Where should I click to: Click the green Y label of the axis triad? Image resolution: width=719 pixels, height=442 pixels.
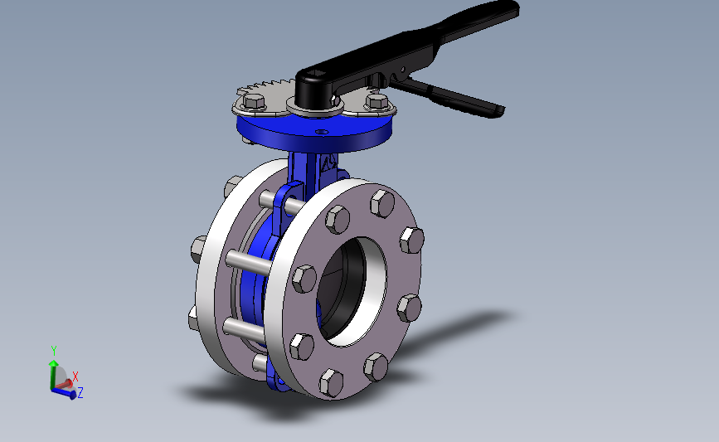[x=54, y=351]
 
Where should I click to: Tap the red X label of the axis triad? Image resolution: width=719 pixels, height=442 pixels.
[x=75, y=376]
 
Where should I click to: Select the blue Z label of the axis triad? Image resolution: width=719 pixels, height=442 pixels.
[x=80, y=393]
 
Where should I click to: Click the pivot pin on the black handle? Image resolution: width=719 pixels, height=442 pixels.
[x=402, y=70]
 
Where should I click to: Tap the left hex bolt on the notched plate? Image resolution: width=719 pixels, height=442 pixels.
[x=254, y=100]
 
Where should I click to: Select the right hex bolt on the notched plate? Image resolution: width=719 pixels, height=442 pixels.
[x=377, y=101]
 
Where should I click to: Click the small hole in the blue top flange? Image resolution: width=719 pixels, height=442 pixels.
[x=323, y=132]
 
